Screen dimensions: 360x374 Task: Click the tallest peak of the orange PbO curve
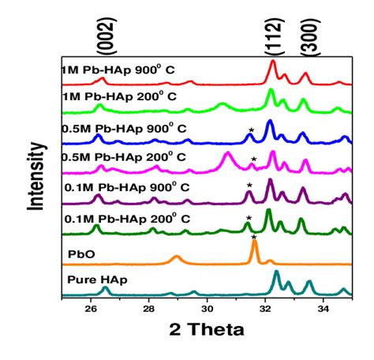pyautogui.click(x=254, y=243)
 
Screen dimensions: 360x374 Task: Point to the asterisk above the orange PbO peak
pyautogui.click(x=253, y=237)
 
